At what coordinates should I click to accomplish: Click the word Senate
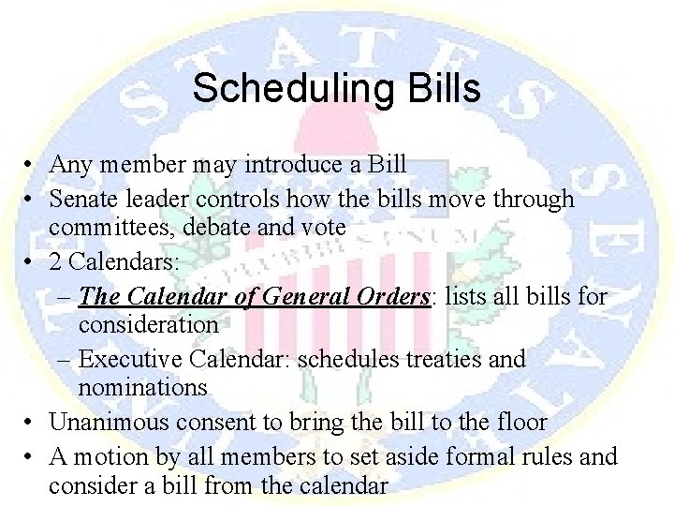(83, 199)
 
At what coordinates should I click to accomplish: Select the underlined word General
(306, 296)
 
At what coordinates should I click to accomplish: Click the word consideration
(148, 324)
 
